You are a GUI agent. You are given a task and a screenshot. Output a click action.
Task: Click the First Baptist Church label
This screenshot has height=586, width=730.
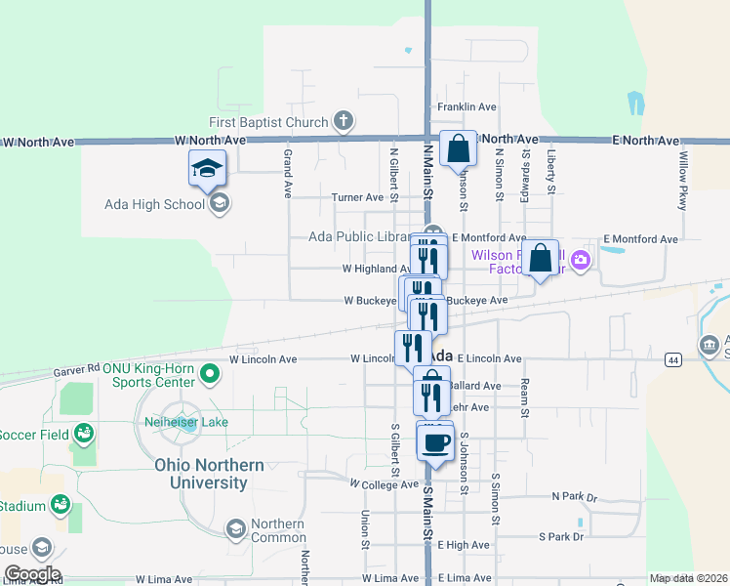(268, 122)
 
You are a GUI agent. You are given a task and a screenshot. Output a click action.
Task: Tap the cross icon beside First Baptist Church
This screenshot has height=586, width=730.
(343, 121)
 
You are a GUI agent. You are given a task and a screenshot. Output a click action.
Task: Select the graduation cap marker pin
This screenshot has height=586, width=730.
(207, 168)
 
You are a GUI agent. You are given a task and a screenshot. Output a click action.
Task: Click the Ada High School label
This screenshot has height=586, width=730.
(155, 204)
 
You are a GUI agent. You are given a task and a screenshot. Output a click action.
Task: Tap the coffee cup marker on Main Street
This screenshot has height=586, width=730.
(435, 442)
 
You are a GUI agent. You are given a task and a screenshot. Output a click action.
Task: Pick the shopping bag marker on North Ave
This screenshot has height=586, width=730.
(458, 149)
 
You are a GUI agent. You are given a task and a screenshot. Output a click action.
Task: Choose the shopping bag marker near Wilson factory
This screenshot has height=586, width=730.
(541, 260)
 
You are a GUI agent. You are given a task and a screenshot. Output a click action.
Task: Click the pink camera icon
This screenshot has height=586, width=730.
(582, 259)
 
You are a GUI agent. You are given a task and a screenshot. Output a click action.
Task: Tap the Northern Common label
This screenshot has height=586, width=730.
(278, 530)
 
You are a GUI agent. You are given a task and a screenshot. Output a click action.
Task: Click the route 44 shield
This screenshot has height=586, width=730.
(673, 360)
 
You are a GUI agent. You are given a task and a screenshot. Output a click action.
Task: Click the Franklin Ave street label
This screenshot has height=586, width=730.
(466, 106)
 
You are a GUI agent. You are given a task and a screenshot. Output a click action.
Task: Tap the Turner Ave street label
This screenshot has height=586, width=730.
(357, 197)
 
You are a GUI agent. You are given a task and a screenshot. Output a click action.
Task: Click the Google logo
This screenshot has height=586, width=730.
(31, 574)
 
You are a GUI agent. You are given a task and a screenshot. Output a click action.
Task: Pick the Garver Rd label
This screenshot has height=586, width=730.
(79, 369)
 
